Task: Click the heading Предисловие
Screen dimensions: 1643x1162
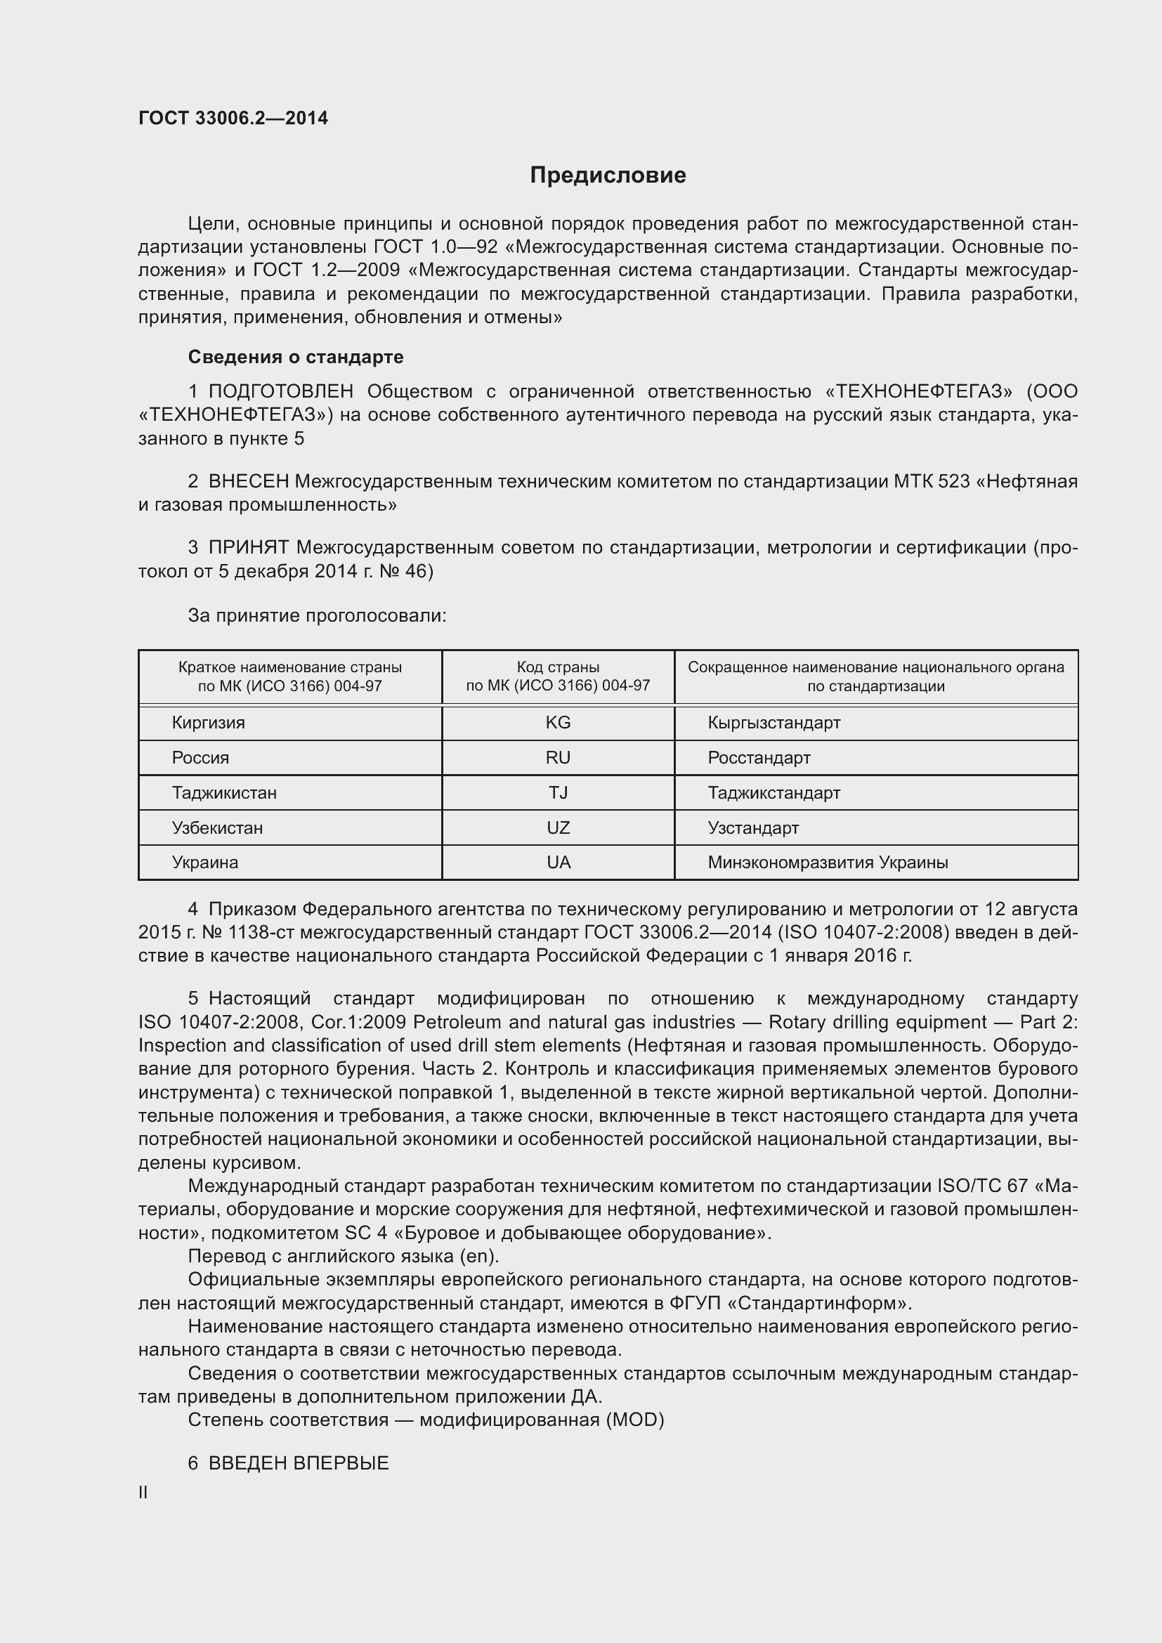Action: click(x=608, y=176)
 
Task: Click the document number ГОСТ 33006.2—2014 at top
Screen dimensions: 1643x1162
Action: click(x=233, y=118)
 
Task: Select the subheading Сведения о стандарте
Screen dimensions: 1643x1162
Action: click(x=296, y=356)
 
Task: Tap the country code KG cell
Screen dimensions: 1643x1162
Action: click(x=557, y=723)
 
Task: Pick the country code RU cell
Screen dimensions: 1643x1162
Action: click(x=557, y=758)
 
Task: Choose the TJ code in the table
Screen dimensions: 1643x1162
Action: click(x=557, y=793)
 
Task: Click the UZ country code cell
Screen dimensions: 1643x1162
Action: click(x=557, y=828)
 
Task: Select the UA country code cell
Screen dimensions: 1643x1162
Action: click(x=557, y=863)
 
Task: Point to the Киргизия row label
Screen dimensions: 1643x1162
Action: click(x=208, y=723)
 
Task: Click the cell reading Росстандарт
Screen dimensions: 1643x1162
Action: click(x=759, y=758)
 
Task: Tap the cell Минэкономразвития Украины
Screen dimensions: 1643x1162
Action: click(x=827, y=863)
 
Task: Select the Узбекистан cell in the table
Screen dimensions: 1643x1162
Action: click(x=217, y=828)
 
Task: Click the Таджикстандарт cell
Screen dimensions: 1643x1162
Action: click(x=773, y=793)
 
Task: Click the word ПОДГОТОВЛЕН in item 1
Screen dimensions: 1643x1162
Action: click(x=280, y=391)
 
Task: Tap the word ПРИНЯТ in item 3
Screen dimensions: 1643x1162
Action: click(x=248, y=548)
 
